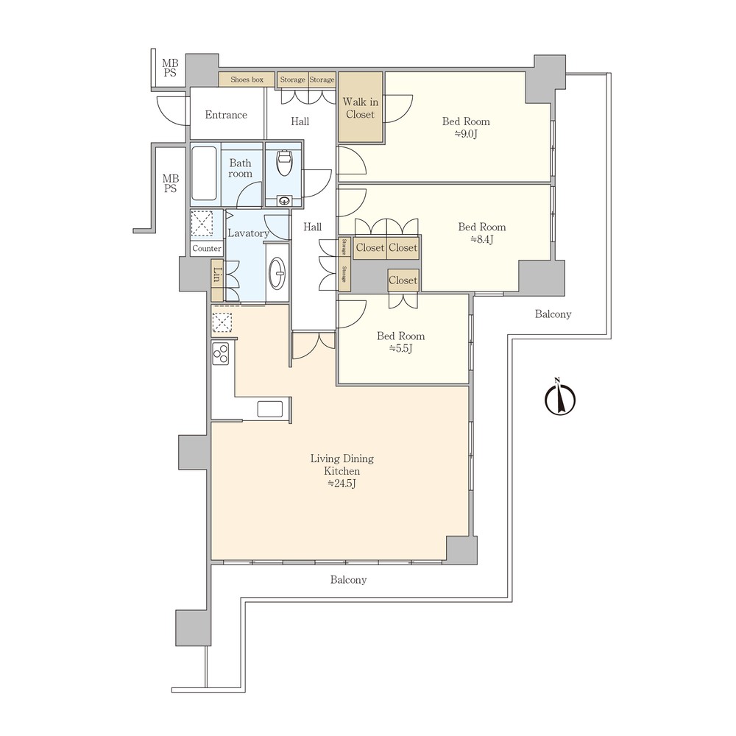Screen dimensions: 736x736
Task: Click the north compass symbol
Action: (560, 398)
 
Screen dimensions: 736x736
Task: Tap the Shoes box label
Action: (247, 79)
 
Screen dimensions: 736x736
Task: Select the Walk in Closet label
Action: (361, 108)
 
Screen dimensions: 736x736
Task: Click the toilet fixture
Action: (284, 163)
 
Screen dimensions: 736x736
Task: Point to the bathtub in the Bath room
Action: (204, 174)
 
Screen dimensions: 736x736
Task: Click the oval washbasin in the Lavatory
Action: (278, 273)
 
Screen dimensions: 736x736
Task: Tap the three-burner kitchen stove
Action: (221, 354)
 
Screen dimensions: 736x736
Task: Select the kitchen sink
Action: (270, 408)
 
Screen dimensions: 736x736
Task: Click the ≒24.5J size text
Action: (342, 484)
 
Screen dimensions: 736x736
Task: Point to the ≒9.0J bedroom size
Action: (466, 134)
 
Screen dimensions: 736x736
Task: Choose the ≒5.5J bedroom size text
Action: (400, 348)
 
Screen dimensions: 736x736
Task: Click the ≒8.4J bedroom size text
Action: (481, 239)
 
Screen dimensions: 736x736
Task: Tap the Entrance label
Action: (226, 115)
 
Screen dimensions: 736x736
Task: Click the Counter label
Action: (207, 249)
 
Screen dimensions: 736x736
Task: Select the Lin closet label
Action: (216, 275)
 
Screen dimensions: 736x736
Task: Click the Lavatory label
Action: (248, 233)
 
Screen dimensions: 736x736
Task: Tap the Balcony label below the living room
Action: (348, 580)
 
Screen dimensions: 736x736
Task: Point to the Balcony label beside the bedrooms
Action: (553, 314)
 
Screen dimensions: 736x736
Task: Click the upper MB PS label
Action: (170, 68)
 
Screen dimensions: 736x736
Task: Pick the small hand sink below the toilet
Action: (284, 201)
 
